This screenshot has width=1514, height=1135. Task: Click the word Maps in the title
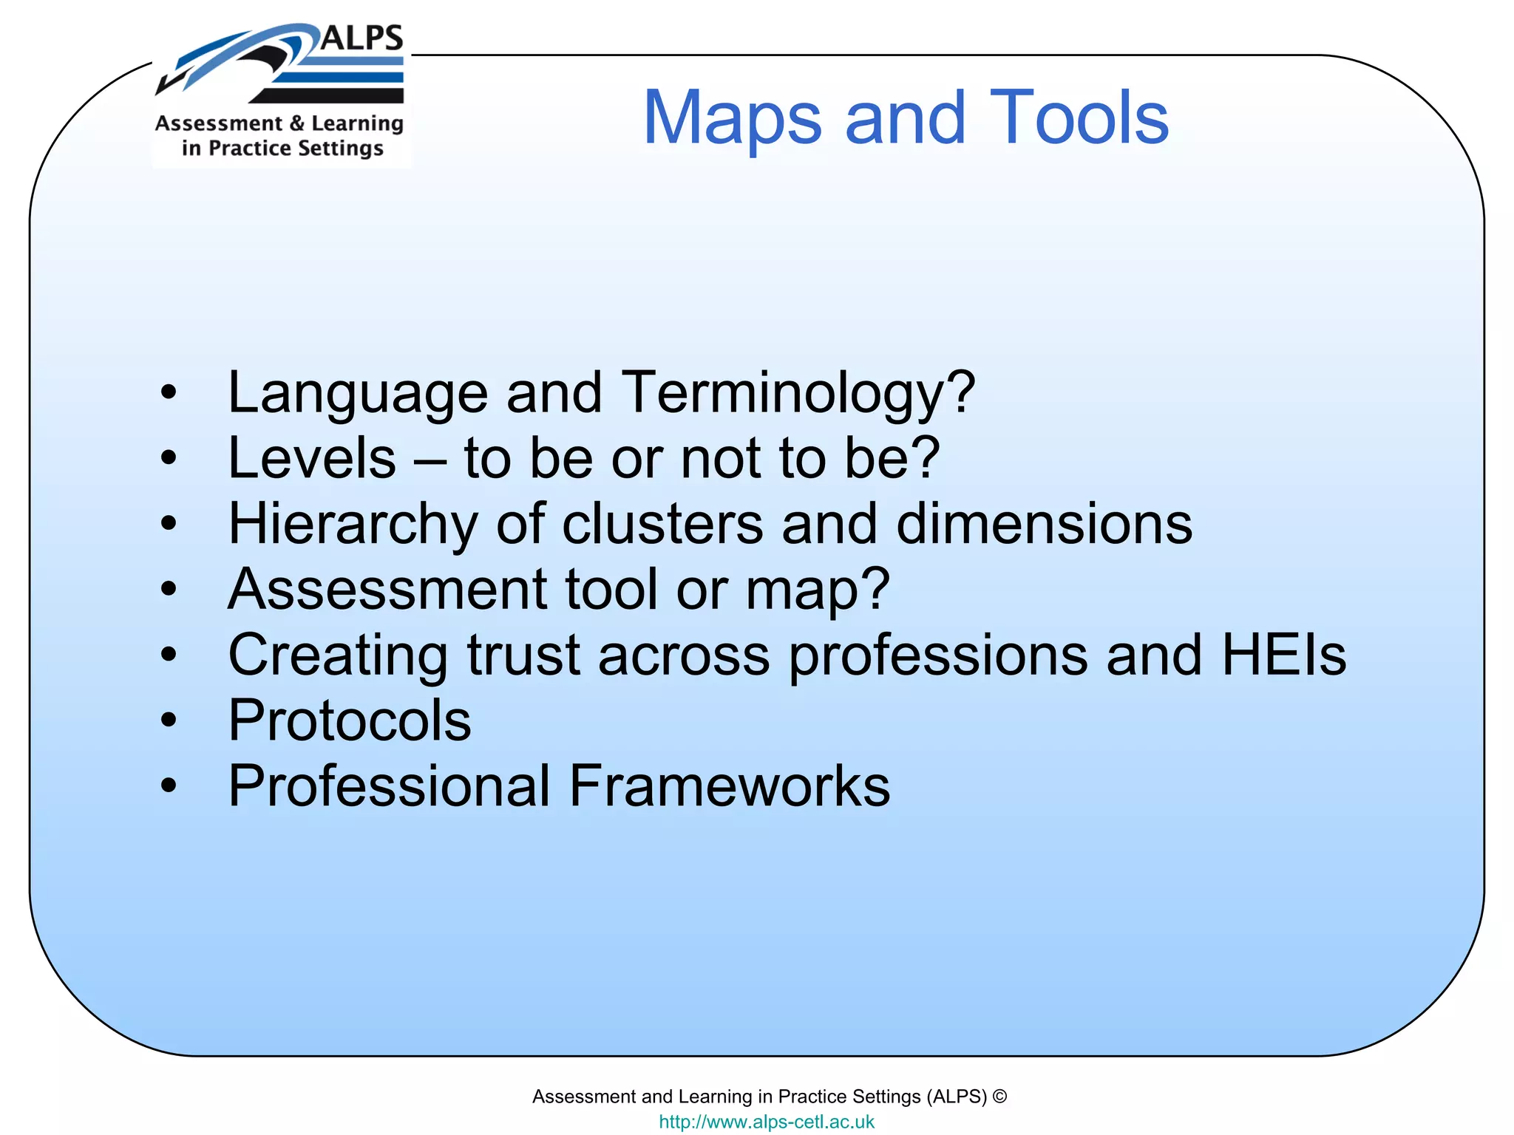click(x=731, y=118)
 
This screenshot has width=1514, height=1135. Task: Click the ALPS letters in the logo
click(x=362, y=38)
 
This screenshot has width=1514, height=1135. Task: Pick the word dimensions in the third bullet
click(x=1044, y=523)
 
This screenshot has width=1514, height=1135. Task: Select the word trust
click(x=523, y=655)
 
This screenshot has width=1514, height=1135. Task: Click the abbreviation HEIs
click(x=1284, y=655)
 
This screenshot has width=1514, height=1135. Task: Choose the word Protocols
click(x=349, y=720)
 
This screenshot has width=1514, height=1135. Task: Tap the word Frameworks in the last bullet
click(x=730, y=785)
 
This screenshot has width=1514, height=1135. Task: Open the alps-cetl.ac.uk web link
click(x=766, y=1122)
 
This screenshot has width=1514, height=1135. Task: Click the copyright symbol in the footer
click(x=999, y=1097)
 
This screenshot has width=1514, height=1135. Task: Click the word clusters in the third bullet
click(x=662, y=523)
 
